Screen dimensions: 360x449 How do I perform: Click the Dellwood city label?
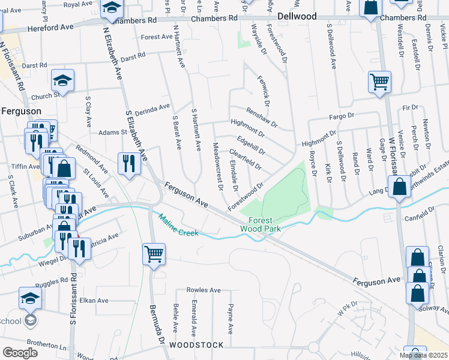coord(297,17)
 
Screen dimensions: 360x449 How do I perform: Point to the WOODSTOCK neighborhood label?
coord(196,345)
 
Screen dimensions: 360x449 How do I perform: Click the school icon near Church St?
coord(62,80)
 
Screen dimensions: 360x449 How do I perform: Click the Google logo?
coord(20,352)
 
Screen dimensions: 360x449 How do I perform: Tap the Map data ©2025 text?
coord(424,355)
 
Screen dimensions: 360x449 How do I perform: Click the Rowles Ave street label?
coord(203,290)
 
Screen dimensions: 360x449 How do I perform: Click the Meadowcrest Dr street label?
coord(218,167)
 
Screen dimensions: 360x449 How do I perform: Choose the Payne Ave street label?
coord(231,318)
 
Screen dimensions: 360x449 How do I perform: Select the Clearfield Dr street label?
coord(245,157)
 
